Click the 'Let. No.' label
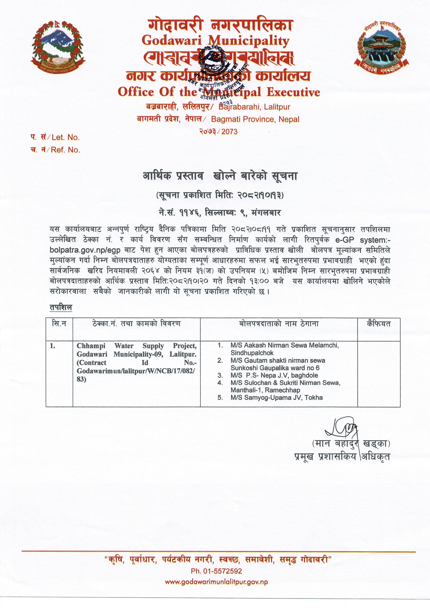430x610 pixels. tap(65, 137)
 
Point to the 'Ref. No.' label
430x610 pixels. tap(65, 150)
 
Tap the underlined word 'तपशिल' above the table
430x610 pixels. tap(61, 307)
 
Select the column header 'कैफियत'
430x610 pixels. tap(379, 324)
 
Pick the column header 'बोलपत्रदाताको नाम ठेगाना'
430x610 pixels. tap(279, 324)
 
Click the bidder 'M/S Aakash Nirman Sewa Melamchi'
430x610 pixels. tap(284, 345)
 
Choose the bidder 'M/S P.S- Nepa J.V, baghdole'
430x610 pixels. tap(274, 375)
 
